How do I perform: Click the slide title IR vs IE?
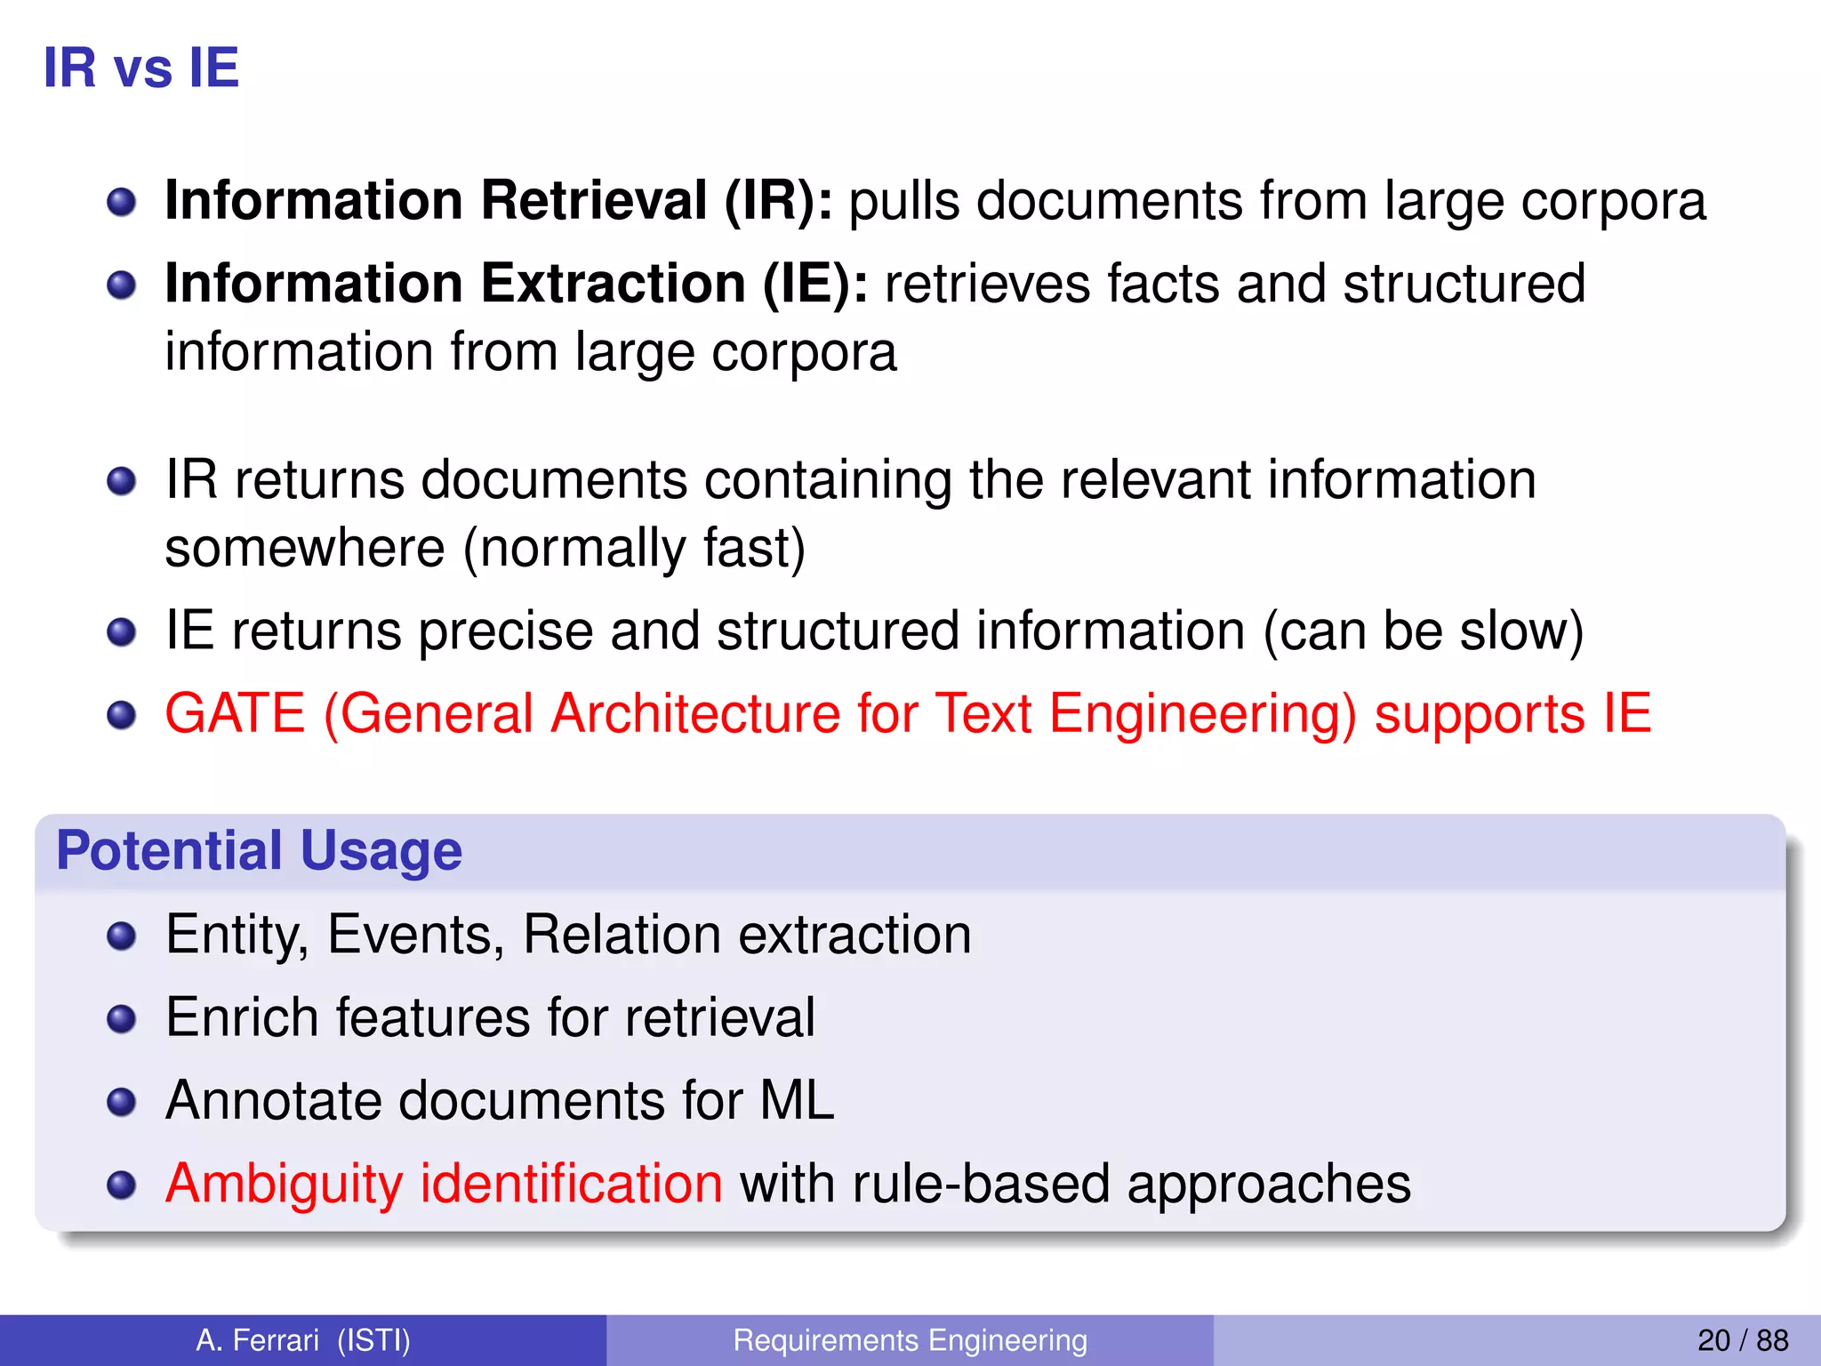[141, 68]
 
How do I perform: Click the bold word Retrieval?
[594, 200]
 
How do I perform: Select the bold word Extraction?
[614, 284]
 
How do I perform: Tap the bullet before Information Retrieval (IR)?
[121, 203]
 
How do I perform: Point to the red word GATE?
[236, 713]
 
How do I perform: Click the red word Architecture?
[695, 713]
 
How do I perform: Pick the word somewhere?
[305, 548]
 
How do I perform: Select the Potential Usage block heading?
[259, 850]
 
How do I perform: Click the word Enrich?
[242, 1017]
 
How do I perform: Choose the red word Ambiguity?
[285, 1185]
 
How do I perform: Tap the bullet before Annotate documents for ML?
[121, 1103]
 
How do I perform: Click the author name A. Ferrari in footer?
[257, 1340]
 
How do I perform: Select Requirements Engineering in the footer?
[910, 1340]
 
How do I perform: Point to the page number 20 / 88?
[1743, 1340]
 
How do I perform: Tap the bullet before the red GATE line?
[121, 715]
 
